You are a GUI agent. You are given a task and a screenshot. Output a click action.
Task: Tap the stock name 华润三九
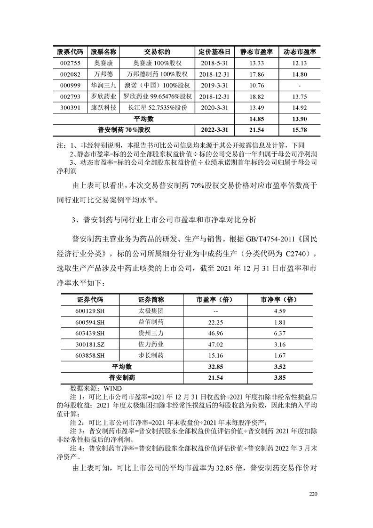click(x=103, y=85)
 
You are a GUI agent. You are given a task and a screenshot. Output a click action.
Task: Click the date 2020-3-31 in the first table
click(x=214, y=108)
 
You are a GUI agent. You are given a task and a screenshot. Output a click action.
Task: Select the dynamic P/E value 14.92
click(x=299, y=108)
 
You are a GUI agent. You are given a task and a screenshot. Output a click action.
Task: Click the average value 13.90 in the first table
click(x=299, y=119)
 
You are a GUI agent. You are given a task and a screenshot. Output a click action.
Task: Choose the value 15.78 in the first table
click(x=299, y=130)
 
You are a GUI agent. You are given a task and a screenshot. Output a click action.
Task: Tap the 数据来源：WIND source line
click(x=96, y=388)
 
